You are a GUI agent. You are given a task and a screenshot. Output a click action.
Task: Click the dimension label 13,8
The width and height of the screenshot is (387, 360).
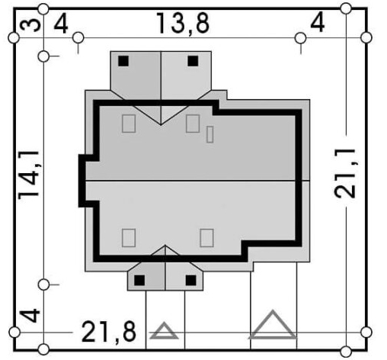[183, 24]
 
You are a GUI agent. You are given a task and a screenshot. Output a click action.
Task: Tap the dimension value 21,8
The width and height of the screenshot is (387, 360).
[109, 332]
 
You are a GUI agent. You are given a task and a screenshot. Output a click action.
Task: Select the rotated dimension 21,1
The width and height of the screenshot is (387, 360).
[344, 173]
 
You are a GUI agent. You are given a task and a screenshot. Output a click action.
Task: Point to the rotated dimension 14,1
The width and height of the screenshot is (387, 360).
[28, 175]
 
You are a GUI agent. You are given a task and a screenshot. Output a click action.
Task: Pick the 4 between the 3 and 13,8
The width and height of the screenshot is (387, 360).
[61, 24]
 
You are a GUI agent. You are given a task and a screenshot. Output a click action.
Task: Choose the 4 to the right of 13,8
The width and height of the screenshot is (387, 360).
[318, 22]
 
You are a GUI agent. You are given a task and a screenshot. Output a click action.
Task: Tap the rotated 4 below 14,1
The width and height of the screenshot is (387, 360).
[30, 316]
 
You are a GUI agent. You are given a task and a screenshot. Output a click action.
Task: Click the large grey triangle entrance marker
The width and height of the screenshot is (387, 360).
[273, 324]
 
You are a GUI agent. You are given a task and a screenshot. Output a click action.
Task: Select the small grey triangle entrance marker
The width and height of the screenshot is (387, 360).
[164, 330]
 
